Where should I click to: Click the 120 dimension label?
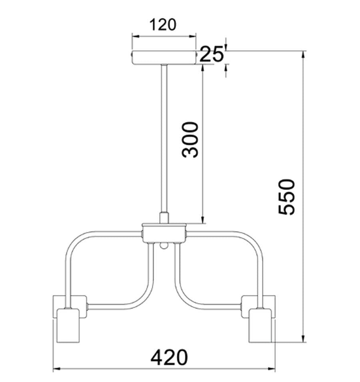coord(163,25)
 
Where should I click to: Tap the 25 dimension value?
coord(212,54)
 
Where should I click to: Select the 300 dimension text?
coord(190,139)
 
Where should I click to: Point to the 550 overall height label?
coord(286,197)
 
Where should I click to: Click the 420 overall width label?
coord(169,358)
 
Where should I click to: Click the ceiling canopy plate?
coord(164,58)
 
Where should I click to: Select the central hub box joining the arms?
coord(164,233)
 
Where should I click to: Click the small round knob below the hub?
coord(164,246)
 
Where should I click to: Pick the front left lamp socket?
coord(68,326)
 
